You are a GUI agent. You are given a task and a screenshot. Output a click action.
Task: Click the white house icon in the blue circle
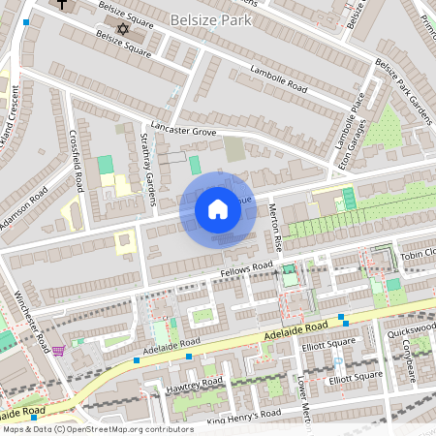pyautogui.click(x=218, y=209)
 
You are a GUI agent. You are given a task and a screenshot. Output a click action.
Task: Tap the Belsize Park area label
pyautogui.click(x=211, y=19)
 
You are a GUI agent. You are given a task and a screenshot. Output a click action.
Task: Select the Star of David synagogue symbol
pyautogui.click(x=122, y=29)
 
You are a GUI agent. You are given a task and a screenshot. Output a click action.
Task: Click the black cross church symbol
pyautogui.click(x=63, y=5)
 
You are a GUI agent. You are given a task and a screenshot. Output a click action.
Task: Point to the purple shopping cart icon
pyautogui.click(x=58, y=350)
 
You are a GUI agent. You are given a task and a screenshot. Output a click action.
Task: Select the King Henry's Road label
pyautogui.click(x=243, y=414)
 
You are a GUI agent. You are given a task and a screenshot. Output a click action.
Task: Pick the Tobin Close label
pyautogui.click(x=418, y=255)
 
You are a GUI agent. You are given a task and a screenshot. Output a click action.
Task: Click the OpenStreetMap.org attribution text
pyautogui.click(x=97, y=428)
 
